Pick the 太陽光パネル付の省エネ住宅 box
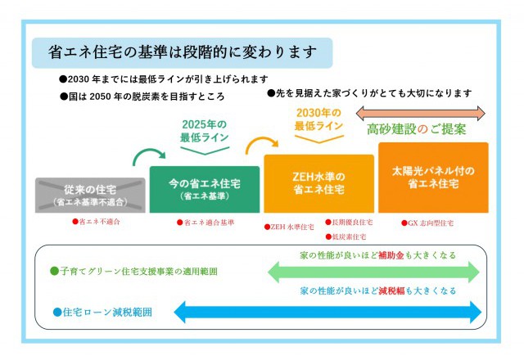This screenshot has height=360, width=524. pyautogui.click(x=433, y=177)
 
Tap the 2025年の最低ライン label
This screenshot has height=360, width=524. pyautogui.click(x=204, y=130)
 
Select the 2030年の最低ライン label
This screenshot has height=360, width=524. pyautogui.click(x=318, y=119)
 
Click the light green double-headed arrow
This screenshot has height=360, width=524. pyautogui.click(x=373, y=272)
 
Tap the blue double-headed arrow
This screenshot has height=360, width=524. pyautogui.click(x=327, y=312)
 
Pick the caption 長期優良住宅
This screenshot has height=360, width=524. pyautogui.click(x=350, y=222)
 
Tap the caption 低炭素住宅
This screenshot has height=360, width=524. pyautogui.click(x=347, y=236)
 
